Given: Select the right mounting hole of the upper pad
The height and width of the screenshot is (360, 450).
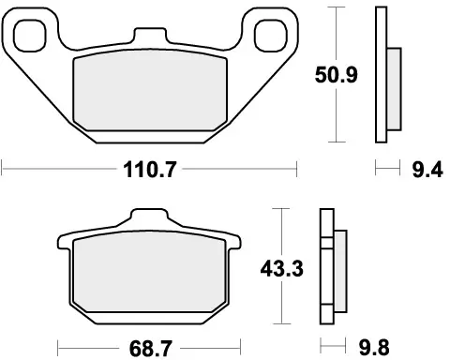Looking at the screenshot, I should [265, 31].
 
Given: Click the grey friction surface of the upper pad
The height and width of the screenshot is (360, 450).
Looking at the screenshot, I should [151, 89].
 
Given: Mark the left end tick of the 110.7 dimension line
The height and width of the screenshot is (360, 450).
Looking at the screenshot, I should [4, 170].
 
